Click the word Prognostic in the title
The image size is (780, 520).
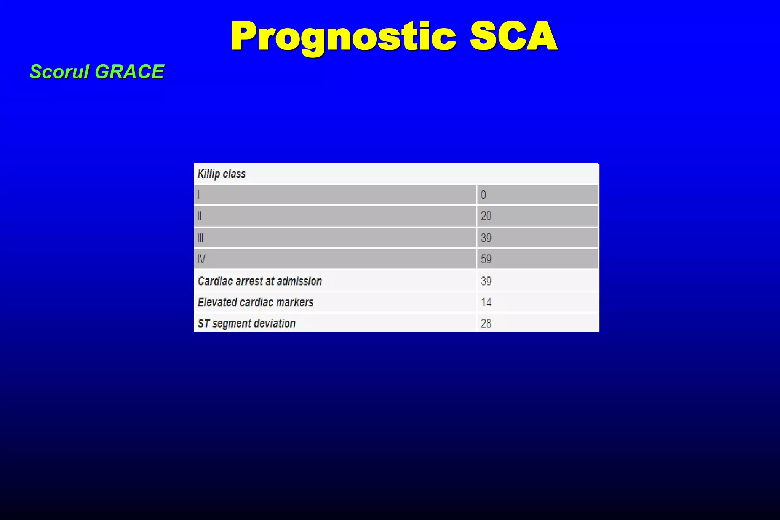click(x=343, y=37)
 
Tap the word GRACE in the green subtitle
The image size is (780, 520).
click(x=129, y=72)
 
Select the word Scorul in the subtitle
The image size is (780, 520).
click(x=59, y=72)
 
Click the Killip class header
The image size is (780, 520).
click(x=221, y=174)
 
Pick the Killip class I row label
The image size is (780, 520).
click(x=198, y=195)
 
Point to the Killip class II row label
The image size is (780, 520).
click(x=199, y=216)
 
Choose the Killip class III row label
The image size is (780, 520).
click(x=200, y=238)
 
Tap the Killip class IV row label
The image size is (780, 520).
click(x=201, y=259)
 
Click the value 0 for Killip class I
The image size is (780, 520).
click(x=483, y=195)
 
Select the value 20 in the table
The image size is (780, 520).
click(x=486, y=216)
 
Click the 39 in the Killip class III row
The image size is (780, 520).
click(x=486, y=238)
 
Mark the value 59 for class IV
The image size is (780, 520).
click(x=486, y=259)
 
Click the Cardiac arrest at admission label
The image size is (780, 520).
click(x=260, y=281)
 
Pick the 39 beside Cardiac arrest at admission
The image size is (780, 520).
click(x=486, y=281)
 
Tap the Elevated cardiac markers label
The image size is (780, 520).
click(x=255, y=302)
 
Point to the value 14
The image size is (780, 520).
click(x=486, y=302)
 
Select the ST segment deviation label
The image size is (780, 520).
click(x=246, y=323)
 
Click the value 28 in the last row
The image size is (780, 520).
click(x=486, y=323)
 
